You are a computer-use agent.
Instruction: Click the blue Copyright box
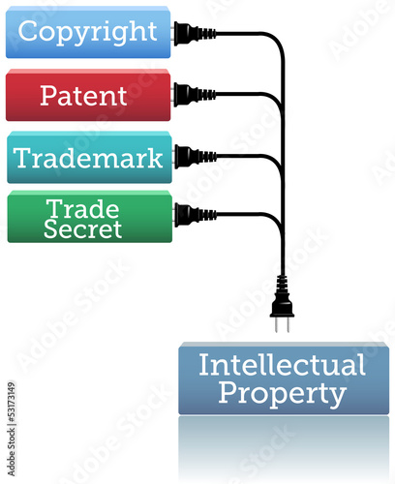88,32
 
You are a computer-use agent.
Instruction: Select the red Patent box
88,95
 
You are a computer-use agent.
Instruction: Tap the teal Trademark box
89,157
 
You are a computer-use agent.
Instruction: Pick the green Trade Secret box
90,217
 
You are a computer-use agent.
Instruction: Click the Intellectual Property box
284,378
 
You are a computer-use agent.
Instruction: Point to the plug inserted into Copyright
195,33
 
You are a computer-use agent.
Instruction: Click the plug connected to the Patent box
195,95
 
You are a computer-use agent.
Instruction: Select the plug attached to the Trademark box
196,157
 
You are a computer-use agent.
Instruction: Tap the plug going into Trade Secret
196,214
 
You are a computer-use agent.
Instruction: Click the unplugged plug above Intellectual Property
282,303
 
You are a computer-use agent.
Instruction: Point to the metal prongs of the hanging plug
282,324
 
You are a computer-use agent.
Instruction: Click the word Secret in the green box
82,228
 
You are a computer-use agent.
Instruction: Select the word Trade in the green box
82,209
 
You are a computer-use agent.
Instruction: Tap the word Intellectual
282,365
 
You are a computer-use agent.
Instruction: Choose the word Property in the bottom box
283,394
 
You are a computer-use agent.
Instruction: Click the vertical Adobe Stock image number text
12,429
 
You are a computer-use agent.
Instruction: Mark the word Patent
83,96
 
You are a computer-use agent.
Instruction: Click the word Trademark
88,158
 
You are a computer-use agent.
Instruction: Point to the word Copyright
87,32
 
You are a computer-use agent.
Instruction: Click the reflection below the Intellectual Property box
284,449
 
